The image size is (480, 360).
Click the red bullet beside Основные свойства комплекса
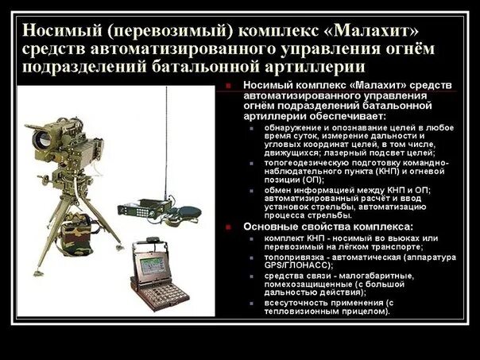point(228,226)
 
